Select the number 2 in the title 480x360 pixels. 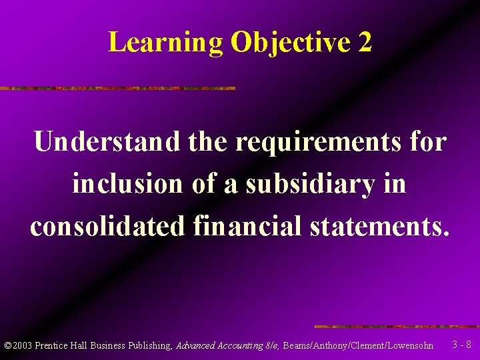[365, 43]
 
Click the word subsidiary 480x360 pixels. [310, 183]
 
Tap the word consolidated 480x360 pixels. [106, 226]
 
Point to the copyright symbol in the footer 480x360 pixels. [7, 346]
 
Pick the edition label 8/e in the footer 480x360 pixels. [272, 346]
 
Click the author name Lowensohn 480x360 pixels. [409, 346]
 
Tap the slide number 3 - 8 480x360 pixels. [461, 345]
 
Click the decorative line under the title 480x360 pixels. [117, 88]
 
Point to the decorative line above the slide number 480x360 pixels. [397, 327]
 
